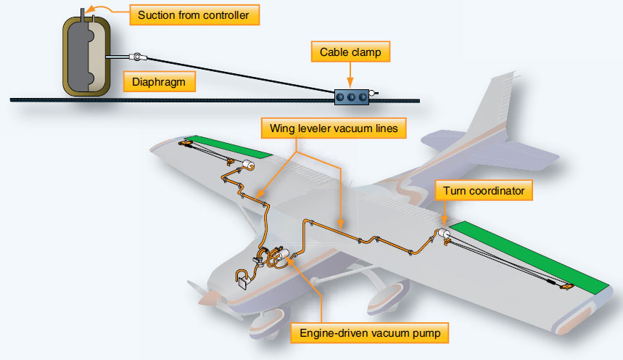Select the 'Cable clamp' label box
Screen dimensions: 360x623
click(x=350, y=52)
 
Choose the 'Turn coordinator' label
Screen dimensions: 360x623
click(x=484, y=191)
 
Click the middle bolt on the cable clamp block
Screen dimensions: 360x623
click(x=350, y=94)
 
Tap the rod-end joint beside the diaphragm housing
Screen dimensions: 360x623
click(x=135, y=57)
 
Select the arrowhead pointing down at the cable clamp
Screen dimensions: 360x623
click(x=350, y=81)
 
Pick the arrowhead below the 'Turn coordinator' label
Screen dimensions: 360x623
click(x=444, y=224)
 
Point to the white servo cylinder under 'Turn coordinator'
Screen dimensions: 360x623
click(x=442, y=234)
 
